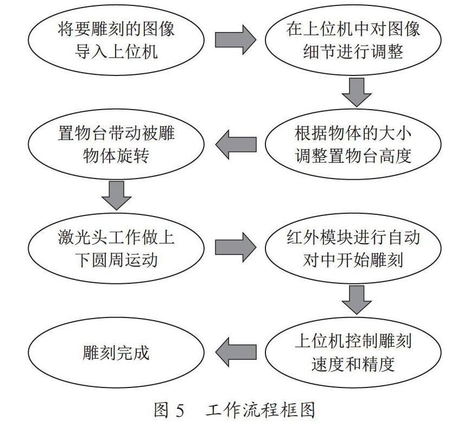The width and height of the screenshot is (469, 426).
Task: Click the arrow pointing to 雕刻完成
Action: tap(236, 352)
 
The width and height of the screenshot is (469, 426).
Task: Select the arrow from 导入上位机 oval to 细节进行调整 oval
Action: tap(236, 40)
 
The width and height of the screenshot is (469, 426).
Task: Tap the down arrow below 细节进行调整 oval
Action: tap(357, 92)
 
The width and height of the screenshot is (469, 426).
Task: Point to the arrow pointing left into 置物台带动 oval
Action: tap(236, 144)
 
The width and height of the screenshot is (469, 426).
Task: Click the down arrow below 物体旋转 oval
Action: tap(116, 195)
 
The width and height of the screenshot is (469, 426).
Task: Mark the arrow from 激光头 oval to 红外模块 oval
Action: tap(236, 247)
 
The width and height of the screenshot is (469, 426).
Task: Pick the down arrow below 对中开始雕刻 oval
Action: tap(357, 300)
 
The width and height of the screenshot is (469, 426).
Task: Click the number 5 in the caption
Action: tap(180, 410)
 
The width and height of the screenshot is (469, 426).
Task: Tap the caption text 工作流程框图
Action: tap(260, 410)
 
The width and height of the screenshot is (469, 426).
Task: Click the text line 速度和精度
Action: tap(353, 364)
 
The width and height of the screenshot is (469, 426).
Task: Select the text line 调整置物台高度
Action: tap(353, 156)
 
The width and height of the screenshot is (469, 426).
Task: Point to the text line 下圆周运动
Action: tap(116, 259)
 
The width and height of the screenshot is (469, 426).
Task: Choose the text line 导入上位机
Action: tap(116, 51)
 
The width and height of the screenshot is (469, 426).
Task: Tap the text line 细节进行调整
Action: tap(353, 51)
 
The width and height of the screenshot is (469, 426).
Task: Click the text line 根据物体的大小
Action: tap(353, 133)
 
